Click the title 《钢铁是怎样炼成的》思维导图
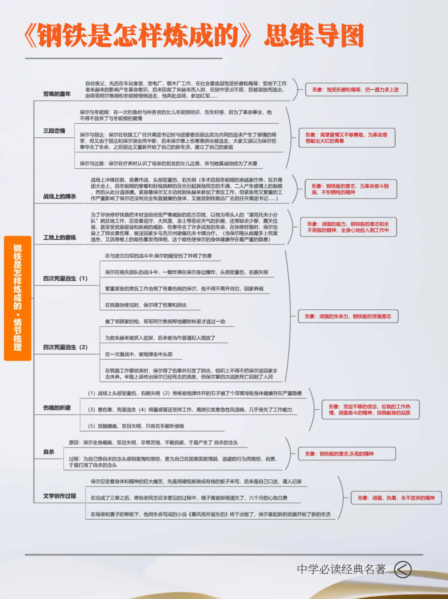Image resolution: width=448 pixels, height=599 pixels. [194, 36]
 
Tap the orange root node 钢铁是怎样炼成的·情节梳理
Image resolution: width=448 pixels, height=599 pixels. [17, 298]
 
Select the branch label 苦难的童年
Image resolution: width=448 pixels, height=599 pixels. [57, 94]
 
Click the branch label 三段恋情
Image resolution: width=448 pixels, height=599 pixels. [54, 131]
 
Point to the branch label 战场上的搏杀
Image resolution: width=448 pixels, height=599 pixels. [60, 196]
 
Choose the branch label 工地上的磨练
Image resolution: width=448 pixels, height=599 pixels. [60, 237]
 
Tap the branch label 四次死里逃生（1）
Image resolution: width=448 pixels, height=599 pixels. [66, 279]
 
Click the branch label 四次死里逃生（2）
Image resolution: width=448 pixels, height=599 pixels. [66, 347]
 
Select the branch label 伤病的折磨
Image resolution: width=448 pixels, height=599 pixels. [57, 408]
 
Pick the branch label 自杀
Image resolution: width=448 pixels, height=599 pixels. [49, 452]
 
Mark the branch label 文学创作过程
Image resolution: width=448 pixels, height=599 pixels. [60, 496]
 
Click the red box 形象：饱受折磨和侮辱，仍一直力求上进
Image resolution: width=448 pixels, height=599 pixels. [356, 90]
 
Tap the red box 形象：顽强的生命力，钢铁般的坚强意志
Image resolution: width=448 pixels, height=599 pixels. [348, 316]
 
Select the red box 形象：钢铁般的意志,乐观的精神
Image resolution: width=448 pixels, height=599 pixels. [347, 454]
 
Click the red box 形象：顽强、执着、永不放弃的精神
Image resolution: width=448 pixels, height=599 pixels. [396, 498]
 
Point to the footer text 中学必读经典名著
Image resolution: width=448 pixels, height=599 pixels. [341, 569]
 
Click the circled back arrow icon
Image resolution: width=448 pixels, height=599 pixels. [403, 570]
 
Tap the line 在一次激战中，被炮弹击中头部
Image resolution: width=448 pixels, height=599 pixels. [139, 354]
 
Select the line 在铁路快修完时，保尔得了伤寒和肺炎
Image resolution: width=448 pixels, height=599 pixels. [146, 305]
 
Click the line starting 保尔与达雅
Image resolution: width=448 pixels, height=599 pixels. [168, 164]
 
